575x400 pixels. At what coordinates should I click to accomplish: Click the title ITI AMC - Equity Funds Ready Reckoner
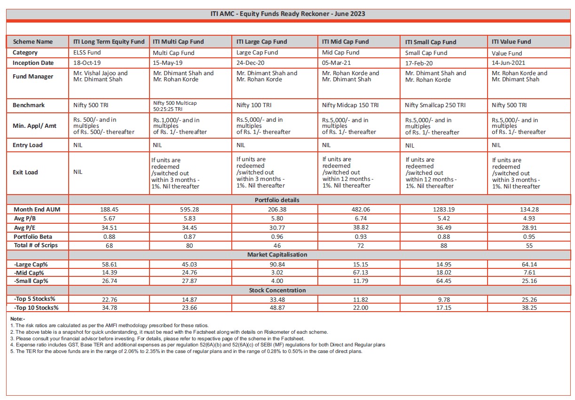click(x=288, y=14)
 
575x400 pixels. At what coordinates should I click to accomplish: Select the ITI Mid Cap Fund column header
click(x=345, y=42)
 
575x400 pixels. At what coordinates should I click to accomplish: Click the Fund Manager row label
click(x=33, y=77)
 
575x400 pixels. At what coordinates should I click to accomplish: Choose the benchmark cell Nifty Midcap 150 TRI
click(x=350, y=105)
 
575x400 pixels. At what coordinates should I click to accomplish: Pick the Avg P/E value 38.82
click(x=359, y=227)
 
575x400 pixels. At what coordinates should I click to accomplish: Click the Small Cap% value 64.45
click(x=443, y=281)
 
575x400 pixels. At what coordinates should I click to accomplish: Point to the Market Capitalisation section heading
click(x=277, y=255)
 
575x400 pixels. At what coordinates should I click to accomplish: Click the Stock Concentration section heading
click(x=277, y=290)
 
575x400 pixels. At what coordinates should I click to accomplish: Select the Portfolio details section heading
click(x=277, y=200)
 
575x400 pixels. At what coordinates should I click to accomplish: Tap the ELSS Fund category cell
click(x=87, y=53)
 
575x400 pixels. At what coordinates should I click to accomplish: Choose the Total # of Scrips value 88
click(x=443, y=245)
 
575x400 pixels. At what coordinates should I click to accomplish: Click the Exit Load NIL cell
click(x=78, y=172)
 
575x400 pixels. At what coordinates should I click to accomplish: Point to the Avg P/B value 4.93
click(x=529, y=218)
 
